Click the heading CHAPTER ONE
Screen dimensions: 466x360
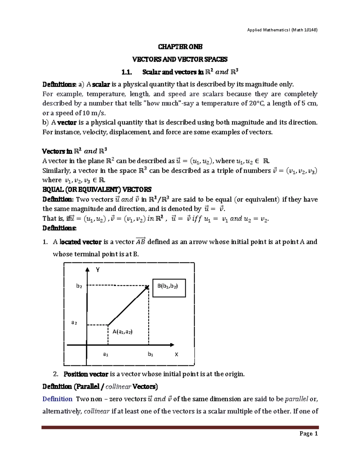[x=180, y=47]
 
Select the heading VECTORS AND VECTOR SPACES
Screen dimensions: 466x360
[x=180, y=59]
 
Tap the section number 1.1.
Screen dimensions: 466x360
[x=127, y=72]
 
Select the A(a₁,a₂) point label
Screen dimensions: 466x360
[x=122, y=332]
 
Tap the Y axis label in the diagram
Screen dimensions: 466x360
[x=97, y=270]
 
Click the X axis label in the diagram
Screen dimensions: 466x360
[x=176, y=354]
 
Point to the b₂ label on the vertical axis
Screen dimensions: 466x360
[x=79, y=286]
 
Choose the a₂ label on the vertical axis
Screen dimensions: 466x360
[x=74, y=323]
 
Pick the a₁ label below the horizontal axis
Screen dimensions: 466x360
[x=106, y=354]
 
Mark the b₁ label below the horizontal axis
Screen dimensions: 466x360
[x=150, y=354]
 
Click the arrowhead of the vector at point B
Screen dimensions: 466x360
[x=147, y=287]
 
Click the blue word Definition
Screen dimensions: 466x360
[x=57, y=399]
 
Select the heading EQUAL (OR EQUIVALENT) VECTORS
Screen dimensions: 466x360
[x=97, y=190]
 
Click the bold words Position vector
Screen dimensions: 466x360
[x=85, y=374]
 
